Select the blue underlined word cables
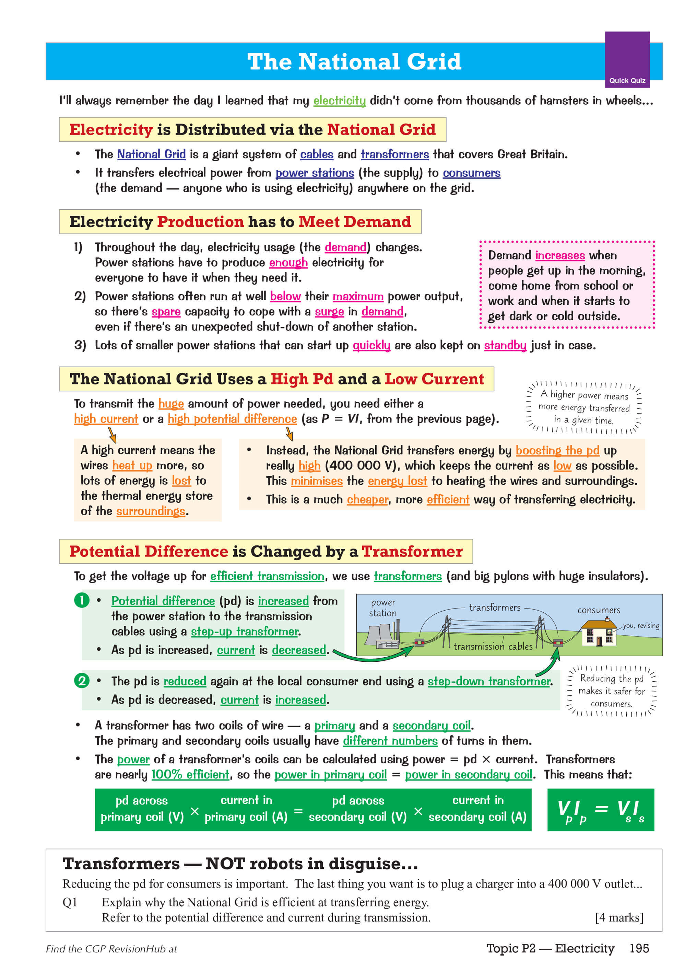(317, 154)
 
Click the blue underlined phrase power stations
(315, 173)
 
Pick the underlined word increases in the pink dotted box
(560, 255)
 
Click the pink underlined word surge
(329, 312)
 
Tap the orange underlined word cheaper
(367, 499)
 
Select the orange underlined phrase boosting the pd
(557, 450)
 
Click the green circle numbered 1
(82, 600)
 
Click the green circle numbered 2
(82, 681)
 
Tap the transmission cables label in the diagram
(493, 646)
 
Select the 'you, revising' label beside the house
(640, 625)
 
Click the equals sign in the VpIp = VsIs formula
(601, 809)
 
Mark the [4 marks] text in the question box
(619, 917)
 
